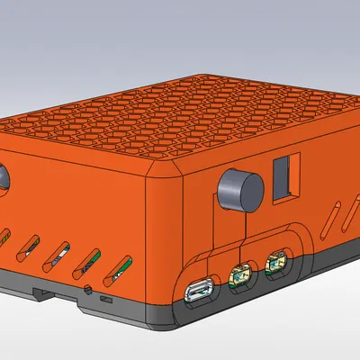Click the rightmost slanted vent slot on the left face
pos(120,268)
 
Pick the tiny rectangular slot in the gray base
pos(105,297)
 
